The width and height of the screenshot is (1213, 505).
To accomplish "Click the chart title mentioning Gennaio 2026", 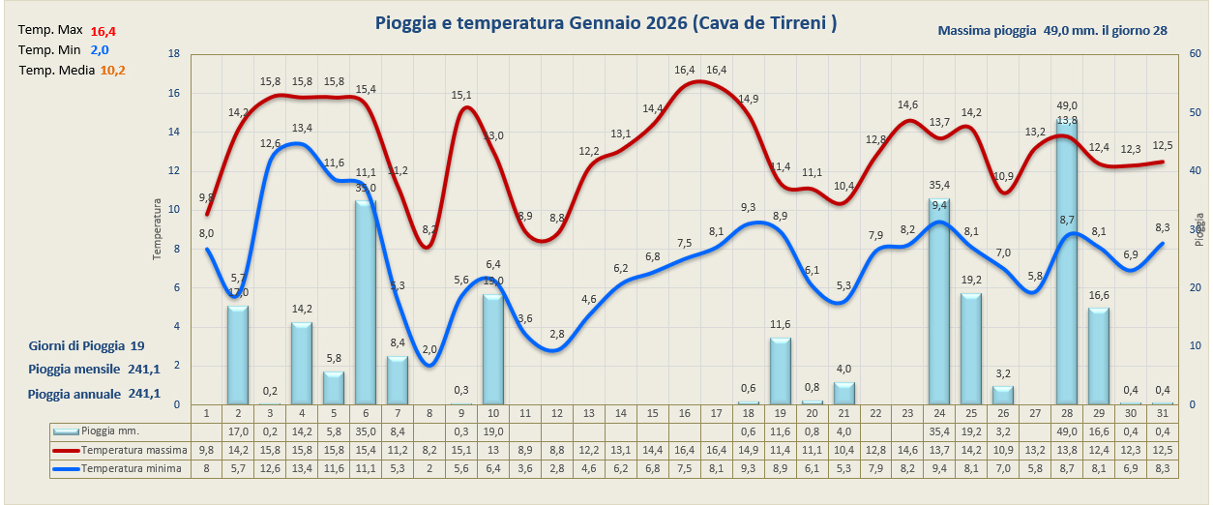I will tap(606, 23).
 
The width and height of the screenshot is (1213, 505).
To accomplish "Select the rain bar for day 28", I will tap(1067, 261).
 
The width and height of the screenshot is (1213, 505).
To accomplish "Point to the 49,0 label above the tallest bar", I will tap(1067, 105).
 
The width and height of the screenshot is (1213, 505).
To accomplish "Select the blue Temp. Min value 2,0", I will tap(100, 50).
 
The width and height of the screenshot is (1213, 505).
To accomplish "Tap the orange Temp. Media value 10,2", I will tap(113, 70).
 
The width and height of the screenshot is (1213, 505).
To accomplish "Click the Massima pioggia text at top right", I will tap(1052, 30).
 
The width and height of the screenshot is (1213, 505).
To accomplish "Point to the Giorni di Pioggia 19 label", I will tap(87, 345).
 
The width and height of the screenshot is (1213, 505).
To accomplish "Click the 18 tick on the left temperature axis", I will tap(174, 54).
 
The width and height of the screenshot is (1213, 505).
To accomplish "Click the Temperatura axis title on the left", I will tap(157, 229).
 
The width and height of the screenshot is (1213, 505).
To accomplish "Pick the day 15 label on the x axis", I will tap(652, 413).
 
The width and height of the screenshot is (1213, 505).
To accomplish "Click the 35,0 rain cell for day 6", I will tap(365, 431).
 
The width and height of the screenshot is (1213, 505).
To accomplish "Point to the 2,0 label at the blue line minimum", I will tap(429, 349).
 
